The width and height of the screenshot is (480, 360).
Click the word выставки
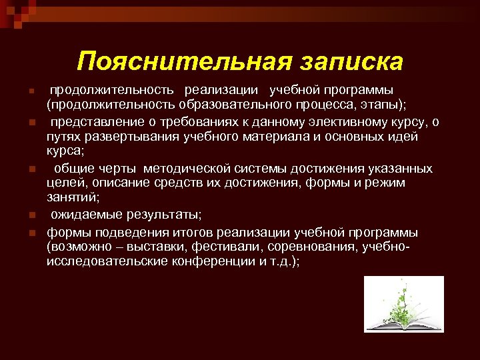point(143,247)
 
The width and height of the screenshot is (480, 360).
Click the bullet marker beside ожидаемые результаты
point(31,216)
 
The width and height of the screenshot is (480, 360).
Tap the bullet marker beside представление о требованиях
point(31,121)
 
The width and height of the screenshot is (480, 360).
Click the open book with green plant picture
point(403,304)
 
